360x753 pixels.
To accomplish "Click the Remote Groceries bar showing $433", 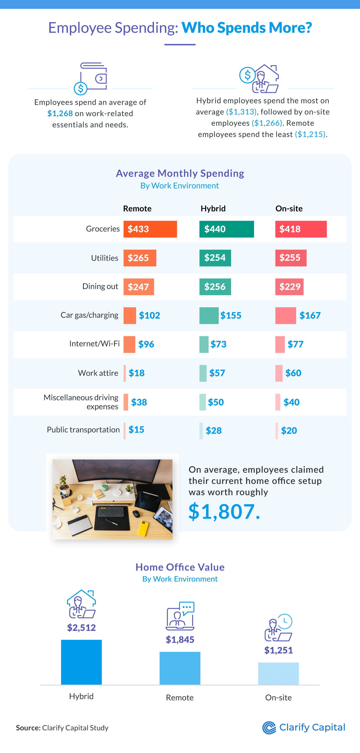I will pos(150,229).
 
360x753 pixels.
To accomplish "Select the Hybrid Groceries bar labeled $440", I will pos(226,229).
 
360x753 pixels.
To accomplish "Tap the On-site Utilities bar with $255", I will pos(291,258).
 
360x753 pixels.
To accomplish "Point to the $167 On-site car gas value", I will pos(310,315).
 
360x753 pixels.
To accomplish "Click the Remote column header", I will pos(137,208).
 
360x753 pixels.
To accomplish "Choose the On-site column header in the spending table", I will pos(289,208).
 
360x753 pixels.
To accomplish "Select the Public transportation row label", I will pos(83,430).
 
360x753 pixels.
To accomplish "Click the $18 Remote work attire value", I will pos(137,373).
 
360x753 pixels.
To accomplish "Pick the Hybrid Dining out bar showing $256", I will pos(215,287).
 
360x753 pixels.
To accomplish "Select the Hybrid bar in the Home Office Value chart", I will pos(81,662).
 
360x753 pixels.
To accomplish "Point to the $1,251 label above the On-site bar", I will pos(278,650).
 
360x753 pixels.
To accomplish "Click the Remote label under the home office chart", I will pos(180,697).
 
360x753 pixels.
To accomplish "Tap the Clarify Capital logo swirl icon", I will pos(269,728).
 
